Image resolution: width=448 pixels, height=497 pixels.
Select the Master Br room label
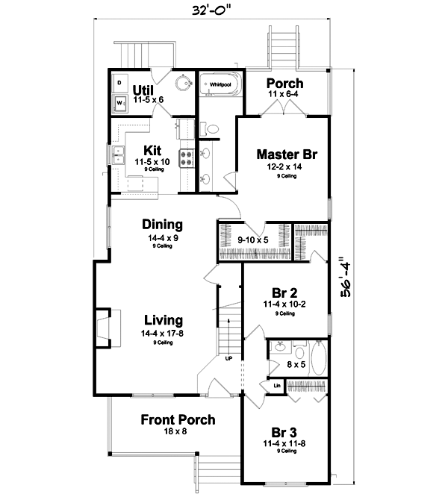287,154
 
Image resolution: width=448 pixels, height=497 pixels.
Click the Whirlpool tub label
220,85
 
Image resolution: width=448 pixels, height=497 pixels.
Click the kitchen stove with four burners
186,157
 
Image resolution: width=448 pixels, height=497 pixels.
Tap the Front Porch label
178,420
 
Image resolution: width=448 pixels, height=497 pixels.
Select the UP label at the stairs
228,358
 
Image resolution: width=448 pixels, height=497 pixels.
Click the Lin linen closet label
276,385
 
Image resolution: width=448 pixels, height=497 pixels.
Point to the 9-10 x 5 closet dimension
252,240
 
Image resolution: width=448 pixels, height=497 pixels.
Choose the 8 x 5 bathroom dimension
296,365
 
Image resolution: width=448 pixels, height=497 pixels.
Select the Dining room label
163,224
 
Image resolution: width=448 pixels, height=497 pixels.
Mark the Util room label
143,89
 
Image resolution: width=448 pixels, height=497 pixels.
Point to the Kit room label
152,149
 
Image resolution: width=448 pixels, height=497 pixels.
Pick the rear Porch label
284,83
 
